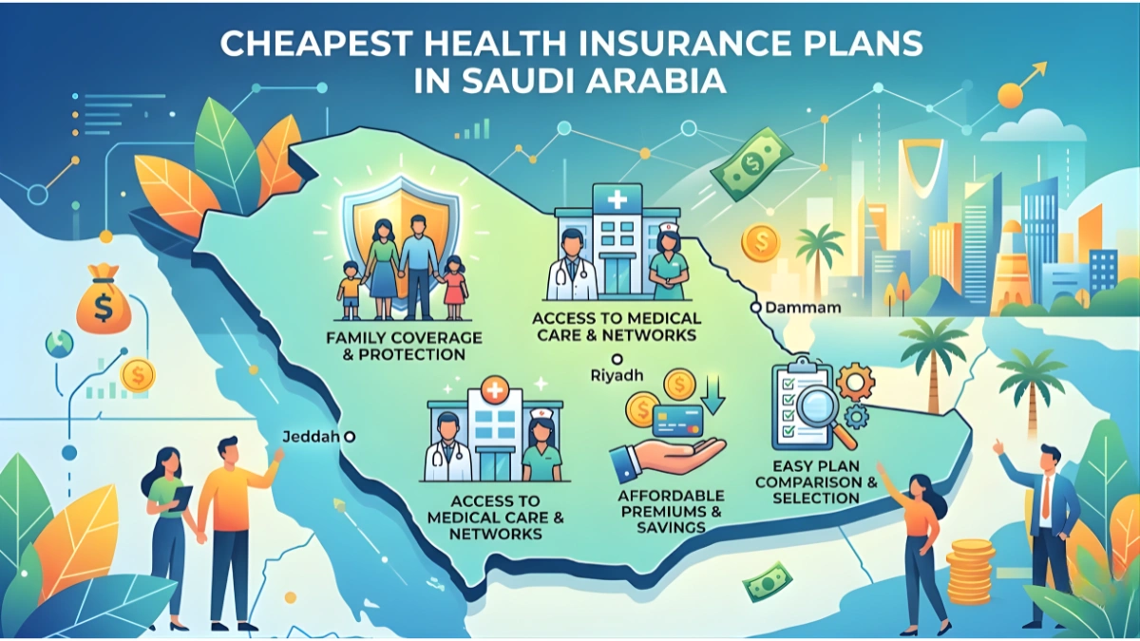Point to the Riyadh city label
(x=617, y=375)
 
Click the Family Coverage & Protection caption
(x=403, y=346)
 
